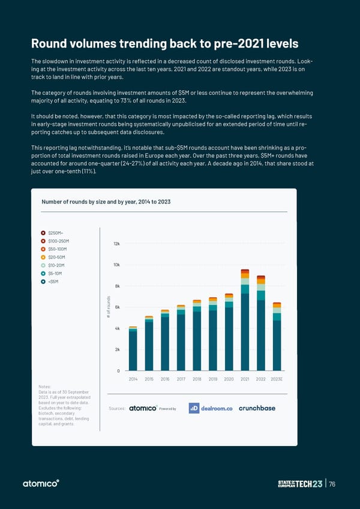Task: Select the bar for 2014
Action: [133, 348]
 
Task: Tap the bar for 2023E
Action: [277, 336]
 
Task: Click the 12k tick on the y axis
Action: [116, 244]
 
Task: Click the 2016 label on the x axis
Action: [165, 379]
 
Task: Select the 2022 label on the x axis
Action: [261, 379]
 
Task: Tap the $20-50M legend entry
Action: [52, 257]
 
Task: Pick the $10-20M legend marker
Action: [44, 265]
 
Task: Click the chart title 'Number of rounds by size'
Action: [106, 201]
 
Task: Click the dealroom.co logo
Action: [211, 408]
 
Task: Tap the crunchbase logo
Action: [257, 408]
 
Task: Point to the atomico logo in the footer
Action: [40, 484]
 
